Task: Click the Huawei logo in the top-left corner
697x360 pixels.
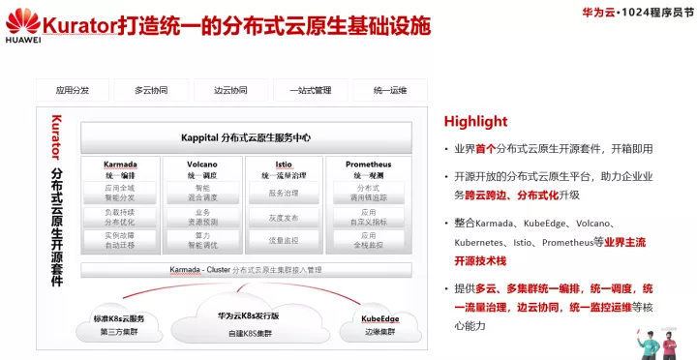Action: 22,21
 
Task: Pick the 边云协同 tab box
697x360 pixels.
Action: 230,90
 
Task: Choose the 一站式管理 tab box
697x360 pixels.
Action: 310,90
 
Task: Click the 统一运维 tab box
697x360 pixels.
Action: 389,90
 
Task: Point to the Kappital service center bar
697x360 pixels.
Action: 246,137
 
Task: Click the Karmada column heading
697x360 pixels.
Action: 120,165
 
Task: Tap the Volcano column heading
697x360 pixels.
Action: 202,165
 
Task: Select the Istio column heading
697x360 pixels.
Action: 284,165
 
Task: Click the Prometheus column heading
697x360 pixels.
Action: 368,165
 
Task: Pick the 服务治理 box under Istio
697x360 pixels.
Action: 284,194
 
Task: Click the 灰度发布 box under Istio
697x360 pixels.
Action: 284,218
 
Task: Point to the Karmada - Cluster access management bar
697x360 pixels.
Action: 246,269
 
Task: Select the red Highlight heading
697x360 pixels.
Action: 475,121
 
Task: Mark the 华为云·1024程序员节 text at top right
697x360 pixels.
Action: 629,14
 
